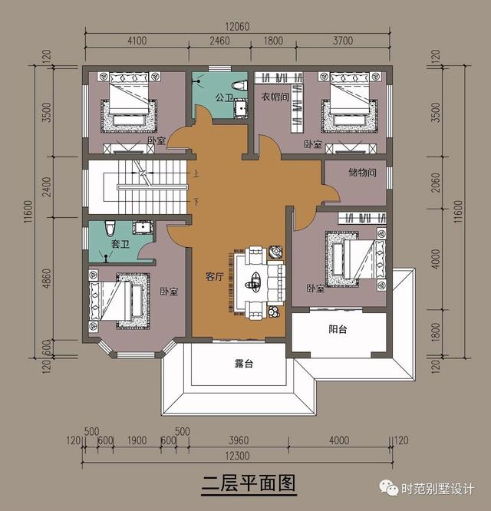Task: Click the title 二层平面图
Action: tap(248, 484)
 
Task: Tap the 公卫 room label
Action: tap(224, 97)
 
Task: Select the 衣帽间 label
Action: tap(274, 97)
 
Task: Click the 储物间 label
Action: tap(361, 173)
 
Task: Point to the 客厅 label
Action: tap(214, 277)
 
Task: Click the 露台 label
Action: tap(244, 364)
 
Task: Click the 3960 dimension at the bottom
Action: tap(239, 441)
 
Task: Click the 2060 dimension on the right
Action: tap(435, 182)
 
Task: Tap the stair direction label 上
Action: tap(196, 174)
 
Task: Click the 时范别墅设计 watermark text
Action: tap(439, 490)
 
